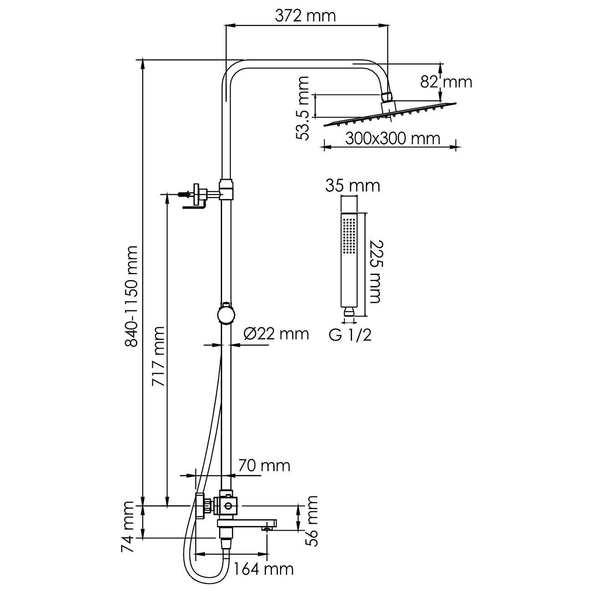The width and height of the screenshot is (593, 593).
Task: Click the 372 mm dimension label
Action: click(x=305, y=16)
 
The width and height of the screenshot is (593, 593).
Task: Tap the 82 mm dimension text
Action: click(x=446, y=82)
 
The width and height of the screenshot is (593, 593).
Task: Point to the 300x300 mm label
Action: click(x=392, y=138)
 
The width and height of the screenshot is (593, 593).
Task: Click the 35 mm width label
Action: click(x=352, y=186)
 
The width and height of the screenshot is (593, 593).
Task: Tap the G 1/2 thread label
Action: click(x=350, y=335)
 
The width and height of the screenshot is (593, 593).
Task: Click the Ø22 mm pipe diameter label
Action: click(x=276, y=334)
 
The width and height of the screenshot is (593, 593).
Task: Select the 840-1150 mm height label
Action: click(x=131, y=296)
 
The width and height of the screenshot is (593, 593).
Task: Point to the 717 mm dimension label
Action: click(x=158, y=356)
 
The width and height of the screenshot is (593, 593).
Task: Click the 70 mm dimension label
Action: click(x=264, y=466)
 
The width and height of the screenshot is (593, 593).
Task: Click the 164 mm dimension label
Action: click(x=263, y=569)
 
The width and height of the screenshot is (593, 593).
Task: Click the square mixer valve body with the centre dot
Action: click(x=227, y=505)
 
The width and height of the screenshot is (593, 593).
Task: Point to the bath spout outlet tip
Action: click(x=268, y=528)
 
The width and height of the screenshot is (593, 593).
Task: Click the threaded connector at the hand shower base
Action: click(x=349, y=312)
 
